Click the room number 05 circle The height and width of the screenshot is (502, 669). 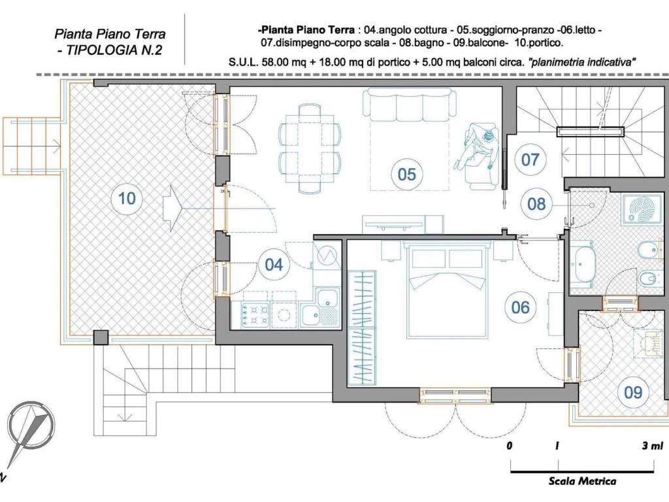[x=406, y=174]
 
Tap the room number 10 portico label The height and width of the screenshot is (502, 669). [x=127, y=198]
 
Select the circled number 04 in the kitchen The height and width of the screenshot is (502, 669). [x=274, y=265]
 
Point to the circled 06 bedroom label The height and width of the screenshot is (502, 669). [x=520, y=307]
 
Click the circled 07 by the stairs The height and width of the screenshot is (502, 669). [x=530, y=159]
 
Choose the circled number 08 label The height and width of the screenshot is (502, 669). [x=536, y=204]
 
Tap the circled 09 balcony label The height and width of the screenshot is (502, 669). [x=632, y=392]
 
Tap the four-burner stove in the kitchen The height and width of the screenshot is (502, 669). [x=255, y=315]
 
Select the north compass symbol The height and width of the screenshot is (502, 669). [x=30, y=431]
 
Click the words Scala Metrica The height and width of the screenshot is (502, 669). [x=582, y=482]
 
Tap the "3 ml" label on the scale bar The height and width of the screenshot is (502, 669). [x=653, y=446]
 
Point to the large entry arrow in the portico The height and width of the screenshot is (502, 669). [x=172, y=208]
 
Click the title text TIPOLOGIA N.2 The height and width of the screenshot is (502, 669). [x=110, y=50]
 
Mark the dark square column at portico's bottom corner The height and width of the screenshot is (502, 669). [x=101, y=337]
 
